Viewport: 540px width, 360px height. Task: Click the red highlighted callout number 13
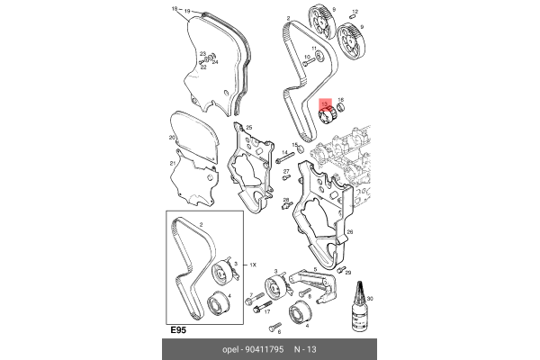(x=326, y=104)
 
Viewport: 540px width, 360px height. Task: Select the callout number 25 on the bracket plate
(x=248, y=128)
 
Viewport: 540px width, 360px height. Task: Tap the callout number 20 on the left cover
(x=171, y=138)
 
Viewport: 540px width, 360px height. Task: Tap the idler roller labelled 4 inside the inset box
(x=215, y=303)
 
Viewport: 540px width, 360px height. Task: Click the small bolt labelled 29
(x=340, y=269)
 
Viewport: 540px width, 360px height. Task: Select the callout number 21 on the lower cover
(x=171, y=164)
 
